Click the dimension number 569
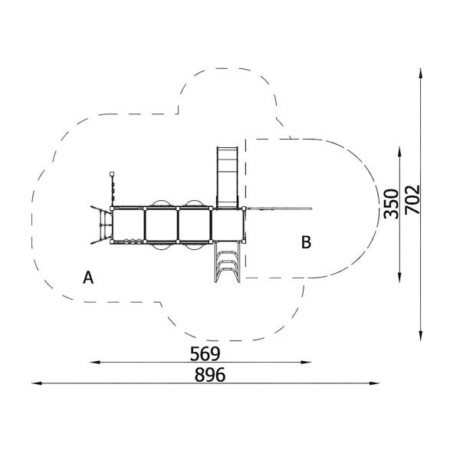click(205, 353)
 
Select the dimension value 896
click(210, 375)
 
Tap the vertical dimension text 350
click(392, 205)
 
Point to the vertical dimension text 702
click(412, 199)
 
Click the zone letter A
click(88, 278)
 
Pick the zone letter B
click(306, 242)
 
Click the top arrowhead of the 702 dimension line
click(421, 74)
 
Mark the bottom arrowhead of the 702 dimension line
click(421, 336)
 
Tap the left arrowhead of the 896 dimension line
click(37, 383)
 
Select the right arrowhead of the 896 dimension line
click(374, 383)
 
